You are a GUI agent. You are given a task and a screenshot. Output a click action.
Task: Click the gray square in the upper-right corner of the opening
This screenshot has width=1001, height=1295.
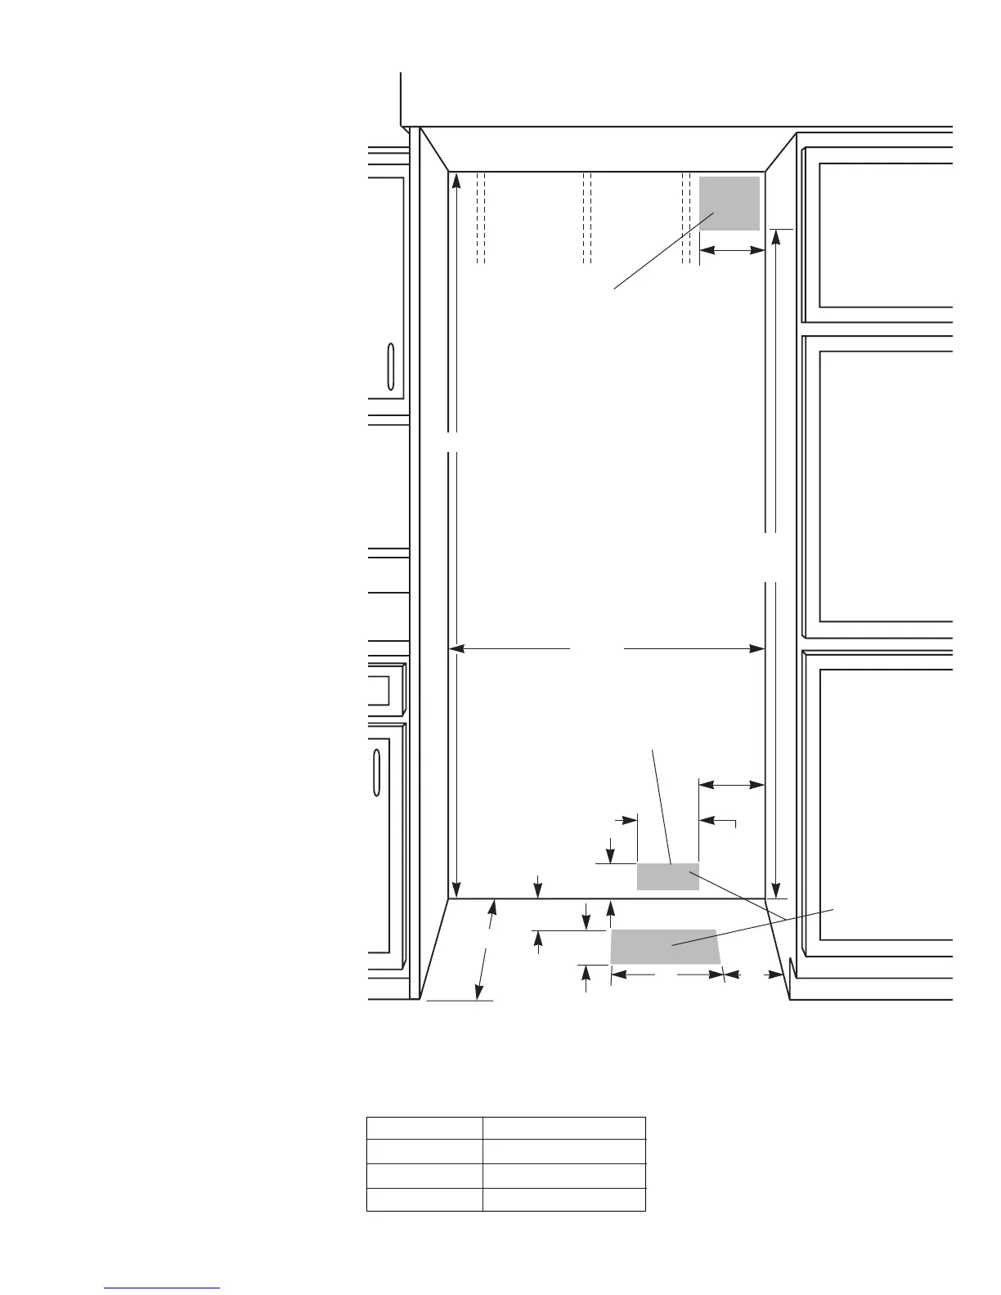coord(729,203)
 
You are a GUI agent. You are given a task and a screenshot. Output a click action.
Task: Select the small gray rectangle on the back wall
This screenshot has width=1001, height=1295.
coord(667,876)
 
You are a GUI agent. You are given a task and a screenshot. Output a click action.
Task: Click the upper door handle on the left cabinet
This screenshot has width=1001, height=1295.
coord(391,368)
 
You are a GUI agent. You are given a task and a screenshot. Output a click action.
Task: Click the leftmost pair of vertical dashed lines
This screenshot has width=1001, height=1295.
coord(481,217)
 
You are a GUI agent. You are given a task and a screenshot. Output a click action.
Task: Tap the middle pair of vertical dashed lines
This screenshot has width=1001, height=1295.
coord(586,217)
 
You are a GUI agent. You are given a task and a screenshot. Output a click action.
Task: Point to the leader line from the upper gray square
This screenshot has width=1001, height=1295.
coord(664,250)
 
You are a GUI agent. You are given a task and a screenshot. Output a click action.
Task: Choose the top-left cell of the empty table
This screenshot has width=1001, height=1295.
coord(424,1129)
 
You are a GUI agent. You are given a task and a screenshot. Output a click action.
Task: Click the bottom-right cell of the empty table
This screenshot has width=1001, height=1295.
coord(563,1199)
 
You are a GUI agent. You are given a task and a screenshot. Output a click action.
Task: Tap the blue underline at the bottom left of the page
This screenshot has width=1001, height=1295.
coord(162,1288)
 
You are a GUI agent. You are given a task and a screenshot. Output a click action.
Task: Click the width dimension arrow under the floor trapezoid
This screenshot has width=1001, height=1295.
coord(667,975)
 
